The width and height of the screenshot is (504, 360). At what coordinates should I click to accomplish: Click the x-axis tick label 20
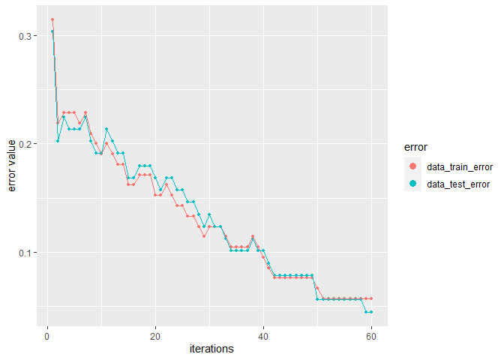[x=155, y=336]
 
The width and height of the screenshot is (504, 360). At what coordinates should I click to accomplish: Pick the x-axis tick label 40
[x=263, y=336]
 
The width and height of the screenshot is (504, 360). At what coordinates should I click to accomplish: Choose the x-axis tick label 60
[x=371, y=336]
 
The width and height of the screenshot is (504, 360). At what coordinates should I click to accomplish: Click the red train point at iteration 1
[x=52, y=19]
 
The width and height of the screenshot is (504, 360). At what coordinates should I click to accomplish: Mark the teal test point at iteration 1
[x=52, y=31]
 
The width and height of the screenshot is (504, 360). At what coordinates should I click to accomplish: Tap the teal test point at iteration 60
[x=371, y=311]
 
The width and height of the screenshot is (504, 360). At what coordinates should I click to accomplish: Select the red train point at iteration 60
[x=371, y=298]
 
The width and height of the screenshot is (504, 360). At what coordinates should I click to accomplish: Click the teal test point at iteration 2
[x=58, y=141]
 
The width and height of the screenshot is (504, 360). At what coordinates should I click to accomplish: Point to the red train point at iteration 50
[x=317, y=288]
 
